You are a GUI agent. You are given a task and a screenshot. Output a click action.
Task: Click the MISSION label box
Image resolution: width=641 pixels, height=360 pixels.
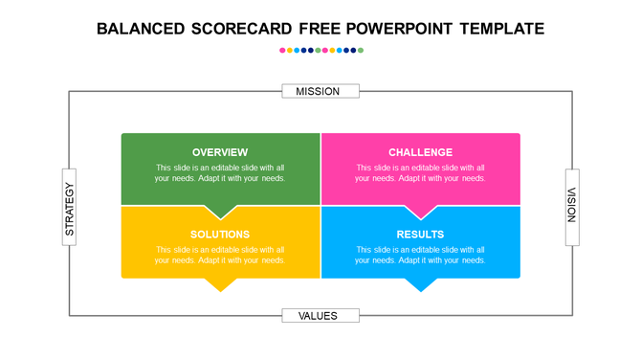320,91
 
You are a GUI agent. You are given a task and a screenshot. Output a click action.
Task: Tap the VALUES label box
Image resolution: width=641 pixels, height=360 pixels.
320,315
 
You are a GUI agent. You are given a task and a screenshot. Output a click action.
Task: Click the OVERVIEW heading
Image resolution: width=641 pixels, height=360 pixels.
220,152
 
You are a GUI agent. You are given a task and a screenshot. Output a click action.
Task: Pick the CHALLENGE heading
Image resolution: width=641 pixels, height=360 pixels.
420,152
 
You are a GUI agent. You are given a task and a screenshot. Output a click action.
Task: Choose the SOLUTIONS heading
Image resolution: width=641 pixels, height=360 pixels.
220,235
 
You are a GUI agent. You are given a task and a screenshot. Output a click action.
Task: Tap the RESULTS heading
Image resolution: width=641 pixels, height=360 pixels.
420,235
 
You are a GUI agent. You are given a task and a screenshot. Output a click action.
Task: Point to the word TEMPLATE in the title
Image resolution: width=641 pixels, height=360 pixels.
501,29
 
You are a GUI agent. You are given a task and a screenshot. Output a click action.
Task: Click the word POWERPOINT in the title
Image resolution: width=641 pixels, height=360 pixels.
392,29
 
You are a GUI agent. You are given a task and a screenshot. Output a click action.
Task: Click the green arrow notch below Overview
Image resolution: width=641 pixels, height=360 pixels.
221,212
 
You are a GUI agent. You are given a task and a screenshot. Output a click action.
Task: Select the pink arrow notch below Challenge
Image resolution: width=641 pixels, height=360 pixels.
421,212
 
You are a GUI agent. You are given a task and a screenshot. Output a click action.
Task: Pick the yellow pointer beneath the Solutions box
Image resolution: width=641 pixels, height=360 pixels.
221,284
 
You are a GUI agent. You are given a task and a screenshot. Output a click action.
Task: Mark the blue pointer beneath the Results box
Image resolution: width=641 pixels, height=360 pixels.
421,284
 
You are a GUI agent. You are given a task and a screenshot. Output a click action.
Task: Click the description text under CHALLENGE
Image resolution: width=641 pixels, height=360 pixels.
420,173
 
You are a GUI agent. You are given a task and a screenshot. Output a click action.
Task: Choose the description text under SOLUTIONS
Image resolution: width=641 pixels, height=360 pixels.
220,255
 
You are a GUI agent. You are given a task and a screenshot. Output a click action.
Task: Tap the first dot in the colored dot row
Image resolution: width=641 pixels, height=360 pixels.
282,50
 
